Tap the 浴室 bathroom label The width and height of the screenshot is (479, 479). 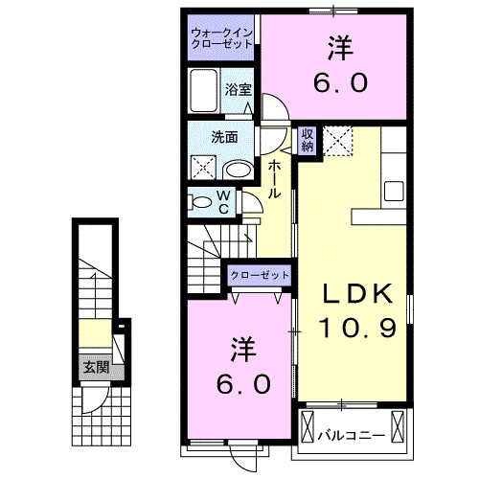pyautogui.click(x=239, y=89)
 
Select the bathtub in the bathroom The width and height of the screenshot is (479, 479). pyautogui.click(x=205, y=92)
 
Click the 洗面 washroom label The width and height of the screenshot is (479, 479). pyautogui.click(x=224, y=136)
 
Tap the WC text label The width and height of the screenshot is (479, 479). pyautogui.click(x=222, y=202)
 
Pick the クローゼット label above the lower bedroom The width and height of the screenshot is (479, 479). pyautogui.click(x=259, y=276)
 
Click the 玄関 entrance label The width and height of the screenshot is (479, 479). pyautogui.click(x=93, y=366)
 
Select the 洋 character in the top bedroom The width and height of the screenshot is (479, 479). pyautogui.click(x=338, y=45)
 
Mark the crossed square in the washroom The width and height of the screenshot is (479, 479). pyautogui.click(x=203, y=170)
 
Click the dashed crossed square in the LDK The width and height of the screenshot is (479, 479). pyautogui.click(x=338, y=140)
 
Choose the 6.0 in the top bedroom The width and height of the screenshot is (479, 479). pyautogui.click(x=338, y=82)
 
